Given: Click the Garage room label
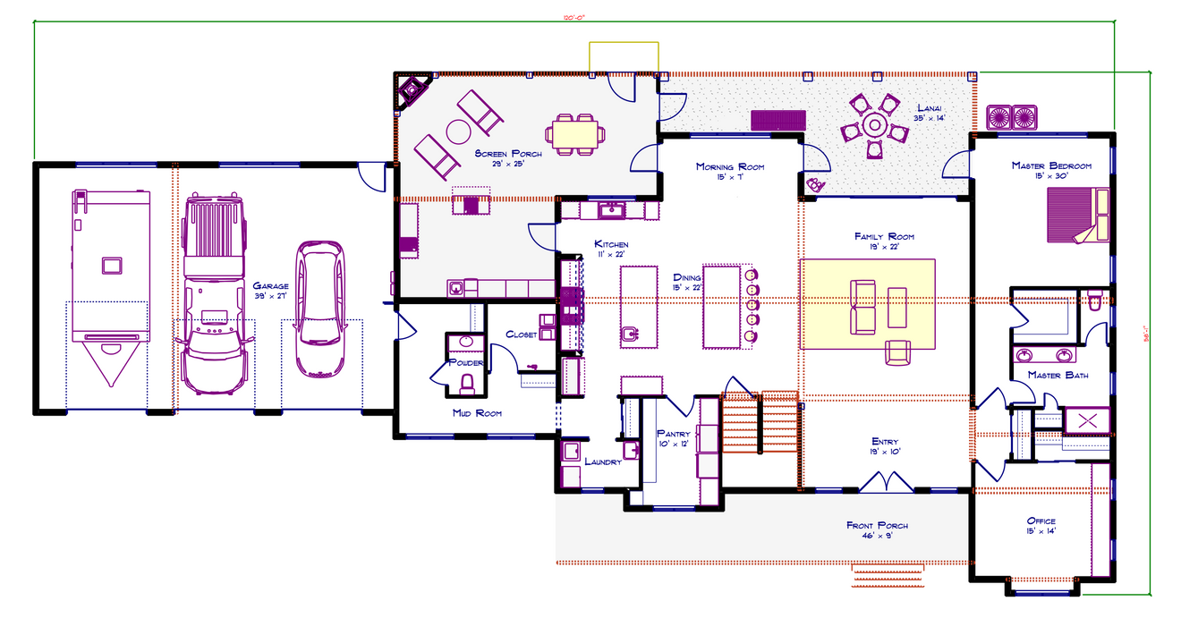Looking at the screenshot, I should pos(269,286).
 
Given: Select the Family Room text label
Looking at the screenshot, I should pos(883,236).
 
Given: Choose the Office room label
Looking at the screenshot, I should pos(1041,521).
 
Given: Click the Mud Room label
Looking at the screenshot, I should pos(477,413).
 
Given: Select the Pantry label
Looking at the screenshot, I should pos(673,434).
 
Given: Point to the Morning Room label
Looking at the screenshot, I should pos(729,166).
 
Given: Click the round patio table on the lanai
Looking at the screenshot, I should pos(874,127).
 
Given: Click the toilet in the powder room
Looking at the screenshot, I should pos(465,383).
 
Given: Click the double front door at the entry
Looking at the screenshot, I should pos(885,482).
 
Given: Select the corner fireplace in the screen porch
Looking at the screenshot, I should pos(412,90).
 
